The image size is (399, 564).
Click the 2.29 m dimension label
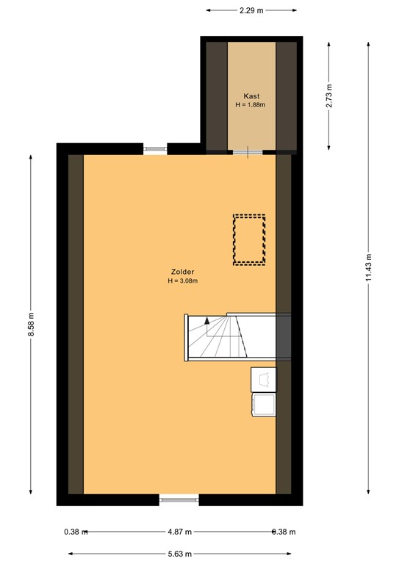[x=251, y=10]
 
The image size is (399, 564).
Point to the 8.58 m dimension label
[x=31, y=325]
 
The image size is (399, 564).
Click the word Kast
[x=251, y=96]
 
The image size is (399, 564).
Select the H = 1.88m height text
[x=251, y=105]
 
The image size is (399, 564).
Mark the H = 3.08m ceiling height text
[x=182, y=281]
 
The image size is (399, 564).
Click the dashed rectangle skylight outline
[x=249, y=239]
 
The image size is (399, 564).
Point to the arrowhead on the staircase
[x=208, y=320]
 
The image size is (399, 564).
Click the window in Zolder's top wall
[x=155, y=149]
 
